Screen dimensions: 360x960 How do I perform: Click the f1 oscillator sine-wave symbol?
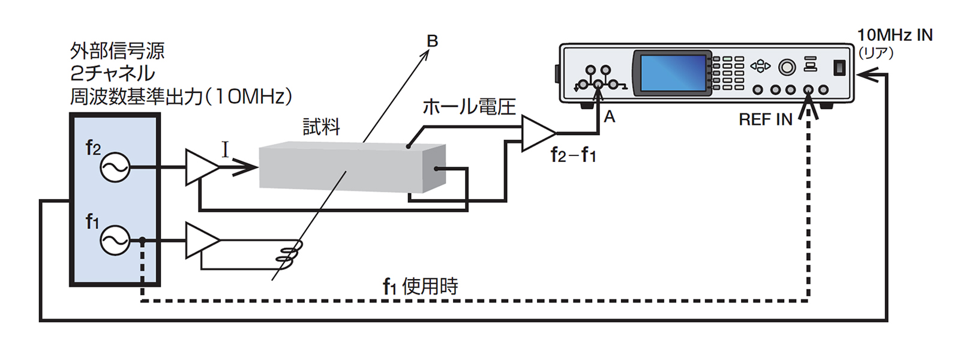[114, 241]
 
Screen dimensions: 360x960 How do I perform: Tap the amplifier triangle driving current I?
[200, 167]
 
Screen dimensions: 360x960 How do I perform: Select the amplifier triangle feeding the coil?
[200, 241]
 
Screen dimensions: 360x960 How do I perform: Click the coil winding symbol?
[289, 252]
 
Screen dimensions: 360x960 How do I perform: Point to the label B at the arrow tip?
[432, 41]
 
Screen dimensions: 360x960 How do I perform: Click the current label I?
[225, 149]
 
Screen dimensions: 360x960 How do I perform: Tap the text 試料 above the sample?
[321, 127]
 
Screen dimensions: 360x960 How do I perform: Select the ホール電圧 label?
[469, 107]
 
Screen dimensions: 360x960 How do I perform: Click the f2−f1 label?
[573, 155]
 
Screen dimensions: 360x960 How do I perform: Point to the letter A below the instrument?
[610, 117]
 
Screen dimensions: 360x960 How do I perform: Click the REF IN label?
[765, 119]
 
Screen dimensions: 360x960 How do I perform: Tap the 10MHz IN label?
[895, 35]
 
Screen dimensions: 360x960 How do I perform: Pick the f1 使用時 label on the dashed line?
[420, 286]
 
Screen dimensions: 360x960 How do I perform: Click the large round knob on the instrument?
[787, 67]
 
